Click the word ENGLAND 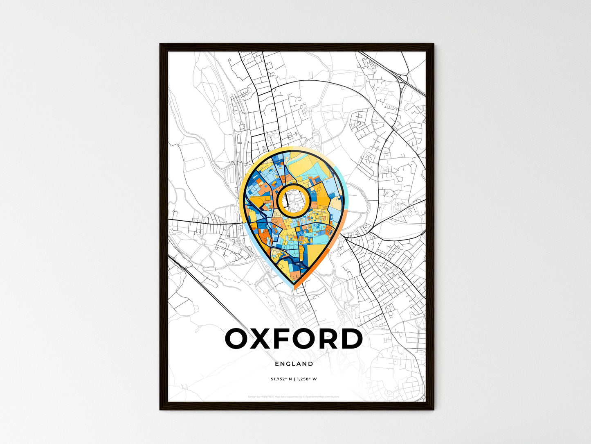point(294,364)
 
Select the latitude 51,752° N point(280,379)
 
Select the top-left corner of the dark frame point(160,44)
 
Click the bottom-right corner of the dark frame point(433,409)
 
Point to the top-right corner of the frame point(433,44)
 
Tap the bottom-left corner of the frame point(160,409)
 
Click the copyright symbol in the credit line point(303,396)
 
